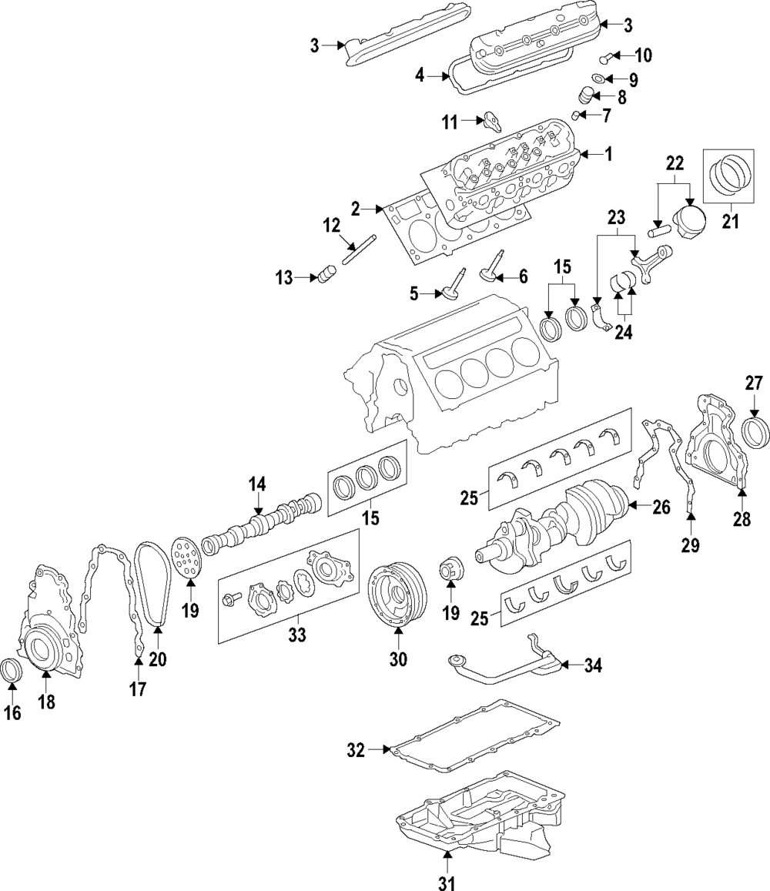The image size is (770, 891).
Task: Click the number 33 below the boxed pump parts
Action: pos(297,635)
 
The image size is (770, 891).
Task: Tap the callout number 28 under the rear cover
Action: pos(741,520)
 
